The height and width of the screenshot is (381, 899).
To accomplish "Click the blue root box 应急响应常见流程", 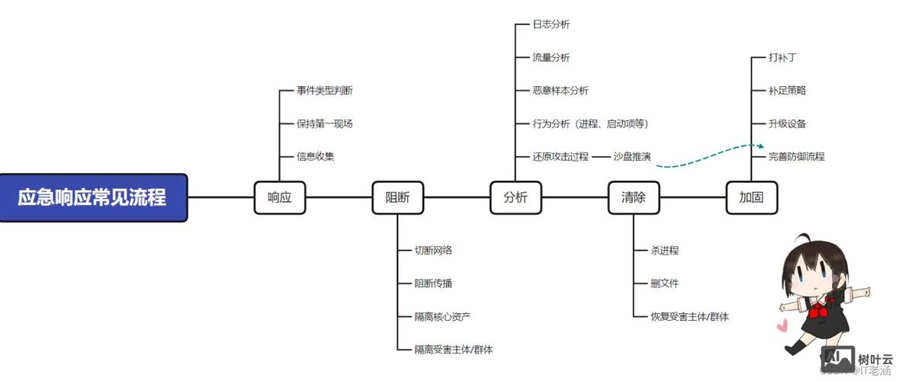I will pos(92,197).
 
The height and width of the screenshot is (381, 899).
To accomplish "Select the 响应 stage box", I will pos(279,197).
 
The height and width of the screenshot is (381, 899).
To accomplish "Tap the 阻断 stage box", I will pos(397,197).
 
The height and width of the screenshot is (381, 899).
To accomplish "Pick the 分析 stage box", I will pos(515,197).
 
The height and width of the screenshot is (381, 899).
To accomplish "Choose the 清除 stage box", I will pos(634,197).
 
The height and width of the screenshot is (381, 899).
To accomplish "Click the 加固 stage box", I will pos(751,197).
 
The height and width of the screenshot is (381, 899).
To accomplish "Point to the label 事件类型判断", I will pos(325,91).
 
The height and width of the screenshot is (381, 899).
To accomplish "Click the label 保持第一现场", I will pos(325,123).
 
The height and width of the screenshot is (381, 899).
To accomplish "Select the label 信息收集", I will pos(316,157).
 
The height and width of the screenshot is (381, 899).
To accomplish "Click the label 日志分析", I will pos(551,24).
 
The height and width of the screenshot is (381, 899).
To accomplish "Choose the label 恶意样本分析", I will pos(560,91).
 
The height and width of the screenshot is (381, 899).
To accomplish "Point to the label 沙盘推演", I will pos(632,157).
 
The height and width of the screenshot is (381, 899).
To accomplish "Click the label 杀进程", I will pos(665,250).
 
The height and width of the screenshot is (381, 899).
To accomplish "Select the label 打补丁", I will pos(783,57).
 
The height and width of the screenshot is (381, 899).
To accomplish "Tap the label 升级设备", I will pos(788,123).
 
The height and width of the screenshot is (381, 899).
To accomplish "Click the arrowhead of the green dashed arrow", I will pos(760,145).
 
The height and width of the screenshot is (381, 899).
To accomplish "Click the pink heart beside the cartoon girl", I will pos(782,325).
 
